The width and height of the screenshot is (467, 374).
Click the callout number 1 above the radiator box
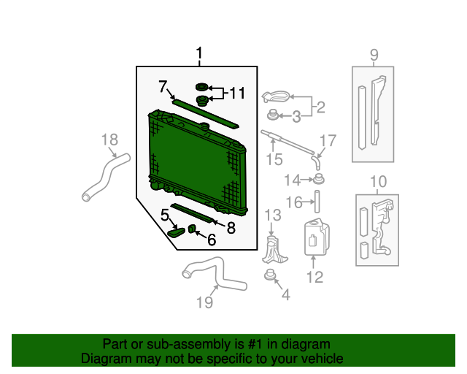coord(199,53)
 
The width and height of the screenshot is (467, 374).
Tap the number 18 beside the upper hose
coord(109,140)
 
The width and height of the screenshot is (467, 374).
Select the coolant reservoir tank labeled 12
coord(317,237)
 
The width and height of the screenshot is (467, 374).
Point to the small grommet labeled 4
coord(270,275)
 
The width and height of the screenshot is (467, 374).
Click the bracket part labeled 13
coord(274,250)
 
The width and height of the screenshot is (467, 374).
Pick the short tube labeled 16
coord(317,202)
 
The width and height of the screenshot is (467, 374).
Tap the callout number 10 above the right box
coord(378,181)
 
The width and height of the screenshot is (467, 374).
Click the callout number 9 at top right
coord(374,55)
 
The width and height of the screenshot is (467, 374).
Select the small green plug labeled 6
coord(192,229)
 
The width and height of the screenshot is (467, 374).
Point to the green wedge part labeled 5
coord(177,232)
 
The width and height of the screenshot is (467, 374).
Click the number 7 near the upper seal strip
coord(163,86)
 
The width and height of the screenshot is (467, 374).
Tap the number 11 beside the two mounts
coord(237,93)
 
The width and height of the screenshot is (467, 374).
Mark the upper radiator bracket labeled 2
coord(276,96)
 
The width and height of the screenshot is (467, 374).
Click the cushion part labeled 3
coord(272,115)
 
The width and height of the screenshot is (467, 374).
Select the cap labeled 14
coord(318,179)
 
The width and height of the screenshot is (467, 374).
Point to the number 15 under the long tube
coord(274,159)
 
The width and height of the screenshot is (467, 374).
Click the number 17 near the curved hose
coord(328,140)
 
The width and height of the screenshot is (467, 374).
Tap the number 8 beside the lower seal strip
coord(231,228)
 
